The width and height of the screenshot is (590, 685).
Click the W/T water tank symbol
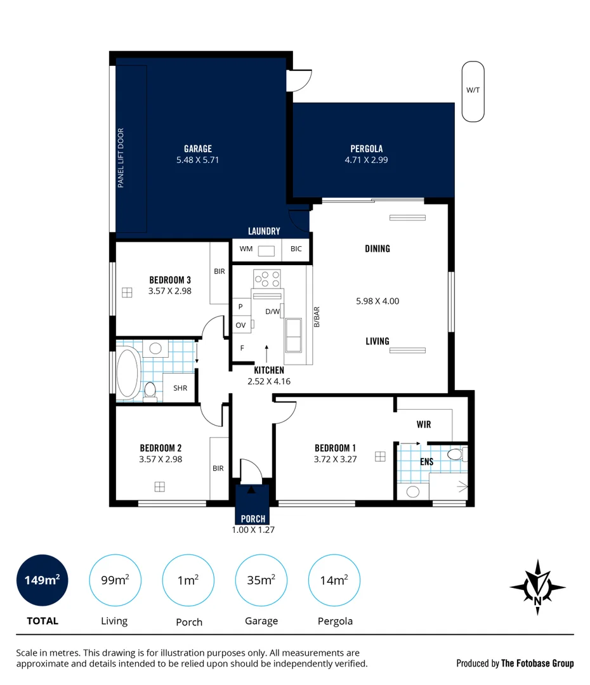coord(473,91)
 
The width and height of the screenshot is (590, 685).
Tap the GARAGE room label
coord(198,148)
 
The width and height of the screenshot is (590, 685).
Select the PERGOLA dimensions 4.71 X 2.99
coord(366,160)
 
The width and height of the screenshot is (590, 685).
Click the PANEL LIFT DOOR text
coord(121,158)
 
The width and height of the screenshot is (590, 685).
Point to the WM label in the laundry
coord(246,249)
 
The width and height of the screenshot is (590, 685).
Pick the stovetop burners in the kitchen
coord(267,278)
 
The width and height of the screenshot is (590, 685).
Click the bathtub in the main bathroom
coord(128,373)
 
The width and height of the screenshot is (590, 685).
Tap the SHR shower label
coord(180,388)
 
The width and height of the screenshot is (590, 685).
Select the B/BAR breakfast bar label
coord(317,316)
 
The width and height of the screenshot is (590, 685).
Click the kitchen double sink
coord(293,335)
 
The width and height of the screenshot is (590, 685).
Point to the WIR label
coord(424,424)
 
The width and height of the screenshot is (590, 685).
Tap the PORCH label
coord(253,519)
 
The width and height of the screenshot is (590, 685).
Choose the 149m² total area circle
coord(43,580)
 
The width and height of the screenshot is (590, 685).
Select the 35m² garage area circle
coord(261,580)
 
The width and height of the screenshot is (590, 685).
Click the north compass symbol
coord(537,587)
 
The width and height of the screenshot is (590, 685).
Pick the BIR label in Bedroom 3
coord(220,271)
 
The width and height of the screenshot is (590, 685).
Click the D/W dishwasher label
coord(272,311)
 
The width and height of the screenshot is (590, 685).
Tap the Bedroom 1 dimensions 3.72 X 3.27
coord(335,459)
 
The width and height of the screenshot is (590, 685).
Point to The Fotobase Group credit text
coord(537,663)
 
